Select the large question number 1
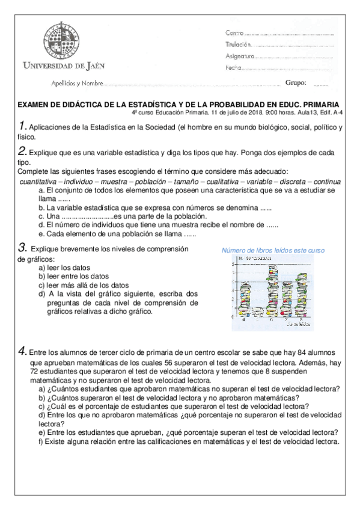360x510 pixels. coord(23,126)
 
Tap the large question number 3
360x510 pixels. coord(23,247)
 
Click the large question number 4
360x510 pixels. coord(23,350)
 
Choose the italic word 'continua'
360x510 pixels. coord(326,182)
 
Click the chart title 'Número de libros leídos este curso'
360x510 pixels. coord(273,250)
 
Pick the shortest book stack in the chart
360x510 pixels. coord(257,312)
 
